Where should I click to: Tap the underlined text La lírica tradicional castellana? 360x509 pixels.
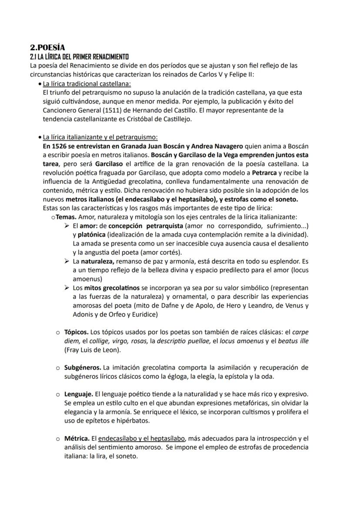[x=87, y=83]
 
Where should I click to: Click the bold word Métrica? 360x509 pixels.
[x=77, y=438]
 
